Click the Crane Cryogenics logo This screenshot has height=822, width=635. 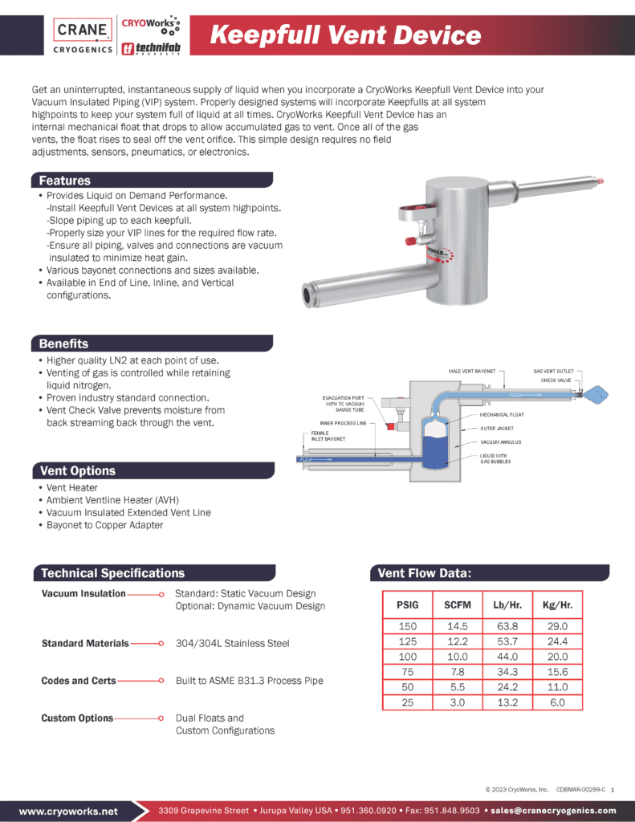[82, 36]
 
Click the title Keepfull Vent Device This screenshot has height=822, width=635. [345, 35]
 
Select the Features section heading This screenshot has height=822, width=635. [65, 181]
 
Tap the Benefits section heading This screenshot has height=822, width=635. [63, 344]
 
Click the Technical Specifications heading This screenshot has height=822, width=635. [112, 573]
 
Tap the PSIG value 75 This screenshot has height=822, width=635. [407, 672]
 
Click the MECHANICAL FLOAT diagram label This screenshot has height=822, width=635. [503, 415]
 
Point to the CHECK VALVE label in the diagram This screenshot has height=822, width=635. [556, 380]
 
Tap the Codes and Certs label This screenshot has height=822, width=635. [79, 681]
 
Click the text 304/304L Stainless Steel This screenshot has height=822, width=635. [232, 643]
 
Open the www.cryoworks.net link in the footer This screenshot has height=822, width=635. [68, 811]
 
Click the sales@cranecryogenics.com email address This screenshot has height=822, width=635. [553, 811]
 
